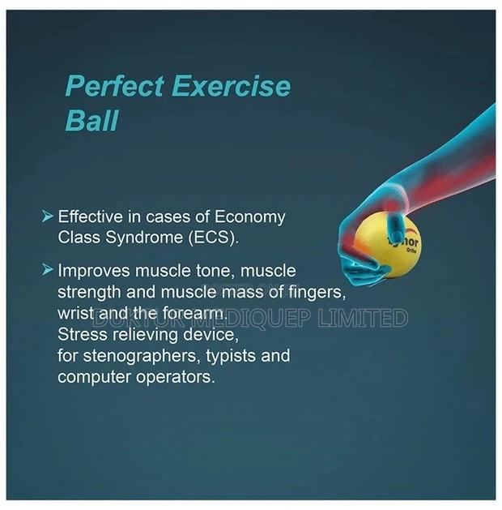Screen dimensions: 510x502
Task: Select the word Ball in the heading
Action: coord(91,121)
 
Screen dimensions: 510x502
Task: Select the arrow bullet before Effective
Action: coord(48,216)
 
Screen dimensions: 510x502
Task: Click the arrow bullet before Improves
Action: coord(48,268)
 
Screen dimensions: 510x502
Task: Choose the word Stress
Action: coord(80,335)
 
